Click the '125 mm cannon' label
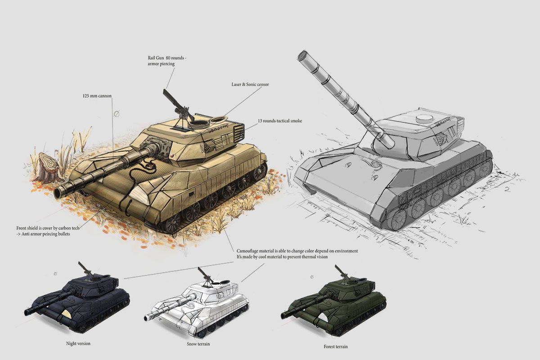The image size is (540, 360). click(97, 96)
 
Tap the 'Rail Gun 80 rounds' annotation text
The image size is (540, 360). click(166, 58)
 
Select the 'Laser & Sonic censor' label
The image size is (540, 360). click(250, 85)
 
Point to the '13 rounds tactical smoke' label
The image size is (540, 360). click(280, 121)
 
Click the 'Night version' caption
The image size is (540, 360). click(78, 343)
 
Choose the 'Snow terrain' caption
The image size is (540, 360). click(198, 344)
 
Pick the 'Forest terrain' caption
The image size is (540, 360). click(336, 347)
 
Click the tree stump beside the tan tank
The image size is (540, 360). click(48, 166)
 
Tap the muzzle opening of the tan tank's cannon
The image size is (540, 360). click(58, 193)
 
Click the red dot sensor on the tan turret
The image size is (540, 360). click(172, 156)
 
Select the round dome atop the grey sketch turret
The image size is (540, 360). click(423, 118)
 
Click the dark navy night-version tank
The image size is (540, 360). click(77, 298)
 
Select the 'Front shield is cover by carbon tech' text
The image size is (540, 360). click(48, 228)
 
